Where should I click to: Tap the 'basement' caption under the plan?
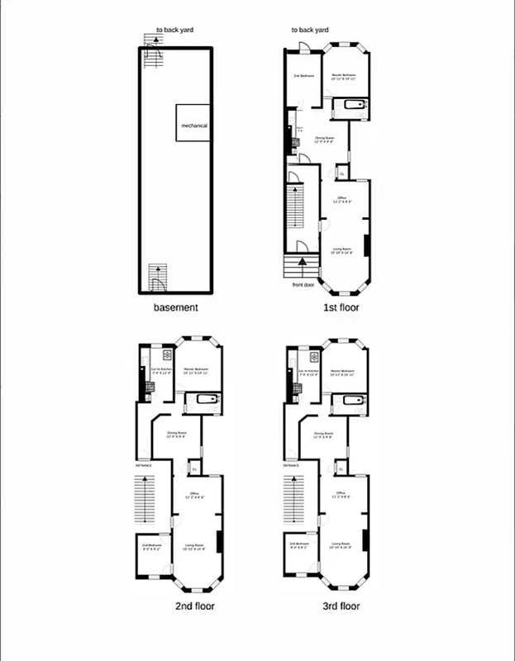pyautogui.click(x=176, y=308)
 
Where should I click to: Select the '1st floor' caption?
pyautogui.click(x=341, y=308)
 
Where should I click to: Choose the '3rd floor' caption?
pyautogui.click(x=341, y=606)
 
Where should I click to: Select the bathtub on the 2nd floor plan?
pyautogui.click(x=205, y=403)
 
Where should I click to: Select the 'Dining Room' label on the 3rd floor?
pyautogui.click(x=323, y=435)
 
